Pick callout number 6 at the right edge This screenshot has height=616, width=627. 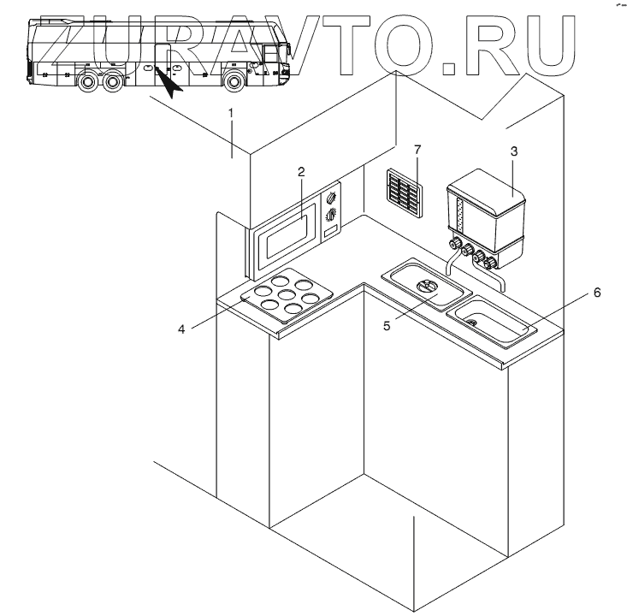click(597, 293)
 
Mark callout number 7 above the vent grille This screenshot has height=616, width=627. click(417, 151)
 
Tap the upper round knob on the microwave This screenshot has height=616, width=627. click(332, 198)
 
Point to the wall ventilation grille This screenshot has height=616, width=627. click(405, 192)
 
